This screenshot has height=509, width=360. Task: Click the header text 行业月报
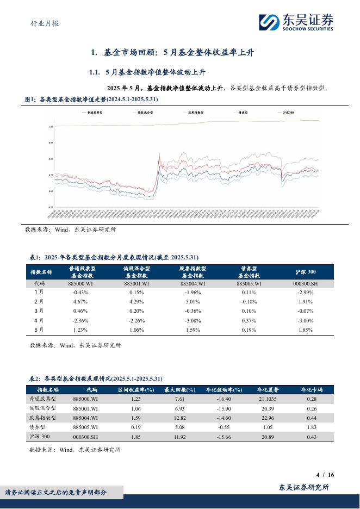pyautogui.click(x=42, y=23)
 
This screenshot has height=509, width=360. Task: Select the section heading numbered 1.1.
pyautogui.click(x=147, y=72)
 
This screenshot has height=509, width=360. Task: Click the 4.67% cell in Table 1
pyautogui.click(x=80, y=301)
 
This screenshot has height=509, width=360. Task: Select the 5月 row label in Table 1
pyautogui.click(x=39, y=330)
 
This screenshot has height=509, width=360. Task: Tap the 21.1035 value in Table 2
pyautogui.click(x=254, y=399)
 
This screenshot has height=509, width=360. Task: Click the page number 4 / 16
pyautogui.click(x=325, y=475)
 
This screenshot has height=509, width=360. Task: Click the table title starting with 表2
pyautogui.click(x=95, y=378)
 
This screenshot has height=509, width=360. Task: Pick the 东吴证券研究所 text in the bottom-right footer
pyautogui.click(x=304, y=488)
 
